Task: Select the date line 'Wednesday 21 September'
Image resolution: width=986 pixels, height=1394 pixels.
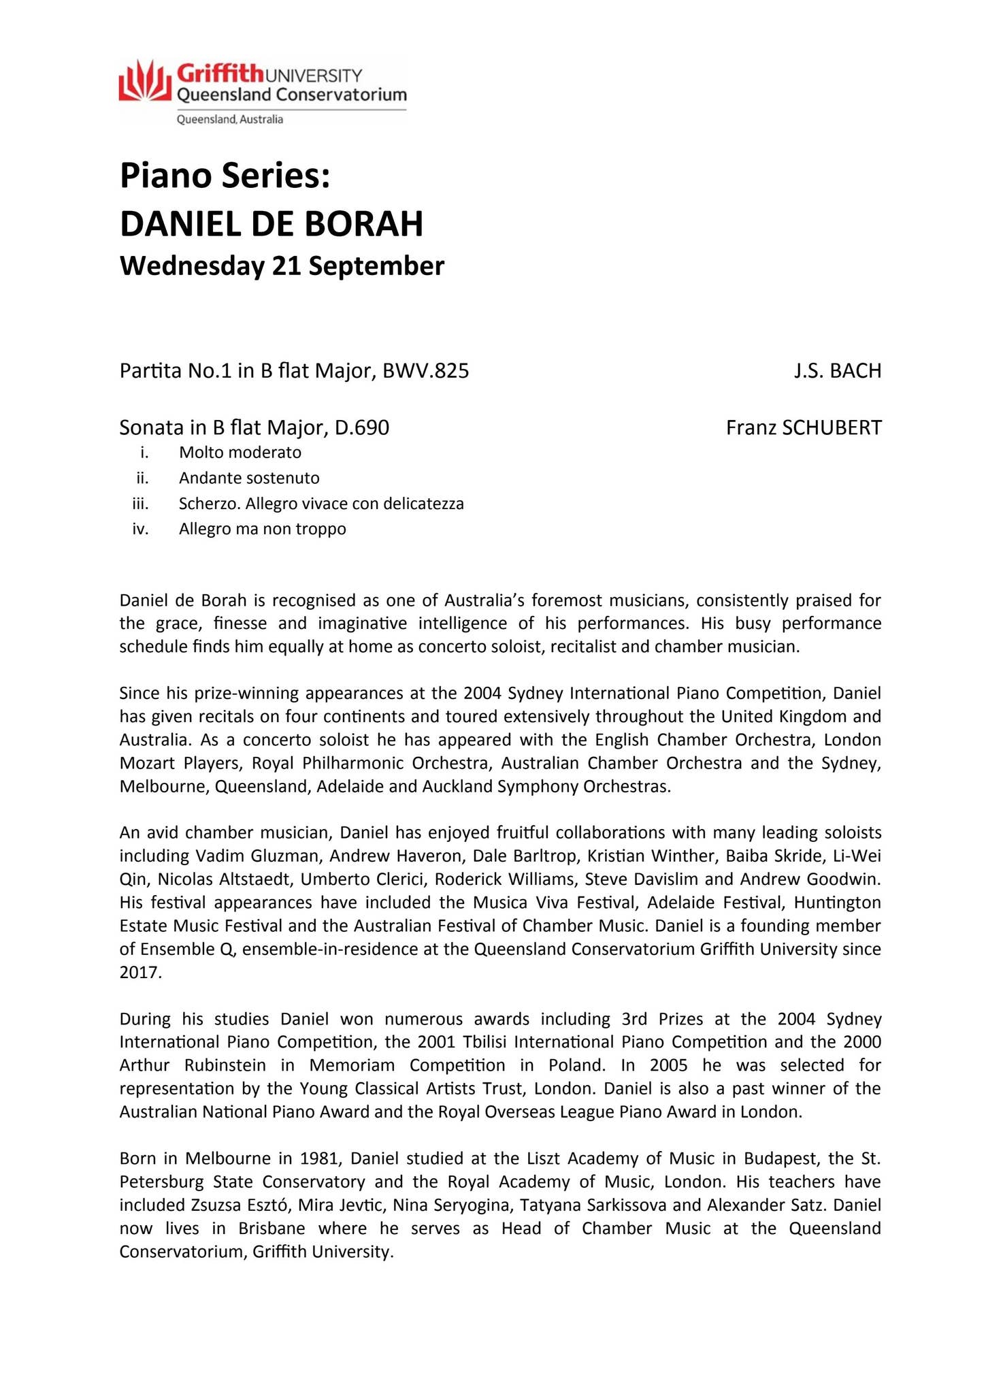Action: (282, 265)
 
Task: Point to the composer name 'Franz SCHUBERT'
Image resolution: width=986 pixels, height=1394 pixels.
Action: (804, 427)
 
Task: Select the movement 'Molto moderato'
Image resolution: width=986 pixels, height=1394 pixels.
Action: (240, 452)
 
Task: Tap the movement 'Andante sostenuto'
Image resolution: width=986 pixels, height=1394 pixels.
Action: (249, 478)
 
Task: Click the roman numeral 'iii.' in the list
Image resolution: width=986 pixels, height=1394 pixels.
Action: (140, 504)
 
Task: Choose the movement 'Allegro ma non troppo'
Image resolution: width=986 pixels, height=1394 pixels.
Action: (263, 529)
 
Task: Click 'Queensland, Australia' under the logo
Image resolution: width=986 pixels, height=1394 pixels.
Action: (230, 120)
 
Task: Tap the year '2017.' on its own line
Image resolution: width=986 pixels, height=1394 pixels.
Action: (141, 972)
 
